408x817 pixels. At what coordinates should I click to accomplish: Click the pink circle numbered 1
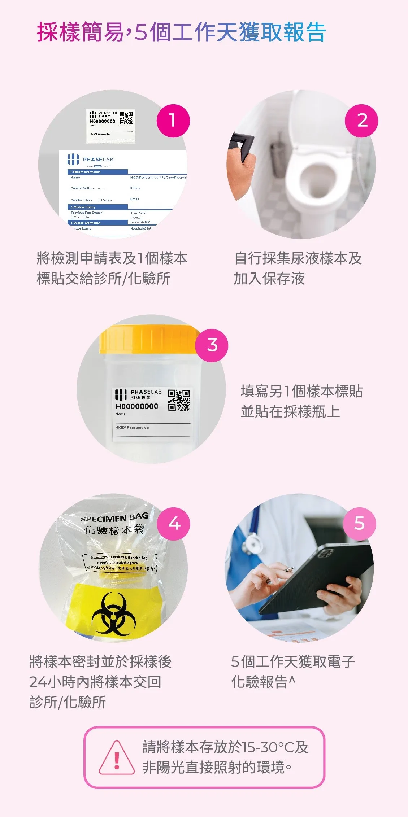tap(173, 121)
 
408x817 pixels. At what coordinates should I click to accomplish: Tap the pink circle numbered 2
tap(361, 121)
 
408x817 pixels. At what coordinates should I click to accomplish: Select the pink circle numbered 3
tap(212, 345)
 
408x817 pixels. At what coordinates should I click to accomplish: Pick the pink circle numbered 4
tap(174, 524)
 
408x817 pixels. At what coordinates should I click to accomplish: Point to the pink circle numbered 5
tap(359, 524)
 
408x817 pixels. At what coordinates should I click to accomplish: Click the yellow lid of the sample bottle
tap(149, 339)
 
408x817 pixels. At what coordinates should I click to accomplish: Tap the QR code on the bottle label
tap(179, 401)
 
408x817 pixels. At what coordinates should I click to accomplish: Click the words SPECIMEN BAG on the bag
tap(114, 518)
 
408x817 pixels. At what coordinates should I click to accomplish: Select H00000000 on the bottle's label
tap(136, 406)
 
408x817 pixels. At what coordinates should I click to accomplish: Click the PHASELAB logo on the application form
tap(91, 159)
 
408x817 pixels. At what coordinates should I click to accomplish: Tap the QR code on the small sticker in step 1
tap(126, 118)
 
